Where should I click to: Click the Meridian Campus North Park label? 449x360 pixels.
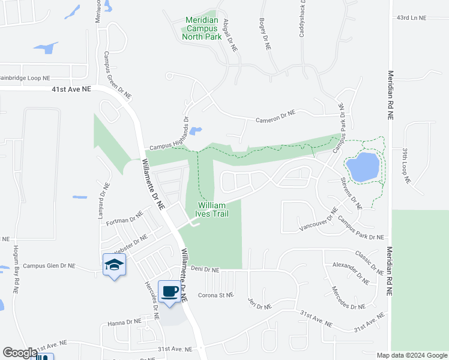click(x=202, y=28)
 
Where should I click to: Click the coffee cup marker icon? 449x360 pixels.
click(x=170, y=292)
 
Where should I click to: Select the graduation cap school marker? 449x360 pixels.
click(x=114, y=265)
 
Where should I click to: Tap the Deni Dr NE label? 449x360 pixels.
click(x=205, y=269)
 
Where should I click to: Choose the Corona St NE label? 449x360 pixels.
click(x=215, y=295)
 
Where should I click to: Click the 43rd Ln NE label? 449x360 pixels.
click(x=411, y=19)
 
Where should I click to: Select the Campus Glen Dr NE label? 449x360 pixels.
click(x=49, y=265)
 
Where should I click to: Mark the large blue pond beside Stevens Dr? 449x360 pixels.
click(x=363, y=166)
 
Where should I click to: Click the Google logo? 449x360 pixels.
click(x=19, y=352)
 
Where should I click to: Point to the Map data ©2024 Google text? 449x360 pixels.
click(x=411, y=355)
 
